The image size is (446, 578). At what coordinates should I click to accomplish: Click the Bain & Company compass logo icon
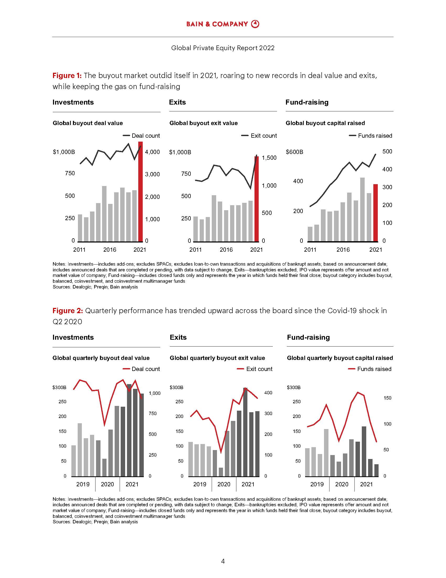tap(255, 24)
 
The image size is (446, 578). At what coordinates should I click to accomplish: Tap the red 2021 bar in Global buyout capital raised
tap(375, 213)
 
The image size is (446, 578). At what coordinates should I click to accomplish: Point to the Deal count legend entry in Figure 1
tap(141, 136)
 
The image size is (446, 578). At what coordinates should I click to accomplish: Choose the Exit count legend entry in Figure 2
tap(255, 369)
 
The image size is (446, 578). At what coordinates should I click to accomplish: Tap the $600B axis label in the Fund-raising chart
tap(294, 152)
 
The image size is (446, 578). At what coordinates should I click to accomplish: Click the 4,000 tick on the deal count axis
tap(152, 152)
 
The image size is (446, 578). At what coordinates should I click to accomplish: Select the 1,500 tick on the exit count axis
tap(269, 158)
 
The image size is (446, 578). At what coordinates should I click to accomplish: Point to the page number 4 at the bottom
tap(223, 561)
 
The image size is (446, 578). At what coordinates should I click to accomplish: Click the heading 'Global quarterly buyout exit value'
tap(217, 358)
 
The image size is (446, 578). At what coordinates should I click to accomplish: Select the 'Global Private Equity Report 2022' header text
tap(223, 48)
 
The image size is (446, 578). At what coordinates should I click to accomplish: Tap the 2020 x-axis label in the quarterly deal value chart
tap(107, 484)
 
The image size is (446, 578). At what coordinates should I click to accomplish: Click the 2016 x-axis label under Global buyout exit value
tap(226, 250)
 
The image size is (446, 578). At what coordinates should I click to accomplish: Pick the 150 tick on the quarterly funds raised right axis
tap(387, 398)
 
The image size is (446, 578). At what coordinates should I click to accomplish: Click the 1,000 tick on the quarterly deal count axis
tap(155, 393)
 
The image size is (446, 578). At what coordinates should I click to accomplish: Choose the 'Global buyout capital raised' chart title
tap(325, 123)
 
